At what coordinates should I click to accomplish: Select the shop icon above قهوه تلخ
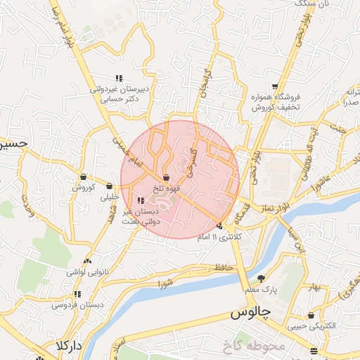click(x=166, y=177)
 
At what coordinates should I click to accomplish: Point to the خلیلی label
click(x=111, y=198)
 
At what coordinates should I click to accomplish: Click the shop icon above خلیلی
click(x=110, y=186)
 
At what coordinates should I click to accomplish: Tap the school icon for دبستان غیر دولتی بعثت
click(x=141, y=200)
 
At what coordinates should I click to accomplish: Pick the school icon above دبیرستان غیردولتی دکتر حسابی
click(x=118, y=78)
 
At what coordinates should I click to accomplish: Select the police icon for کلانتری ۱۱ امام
click(x=221, y=226)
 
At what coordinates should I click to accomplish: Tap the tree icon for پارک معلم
click(x=262, y=278)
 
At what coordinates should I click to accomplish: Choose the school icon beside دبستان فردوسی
click(x=77, y=294)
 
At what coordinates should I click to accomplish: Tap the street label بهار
click(x=314, y=288)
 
